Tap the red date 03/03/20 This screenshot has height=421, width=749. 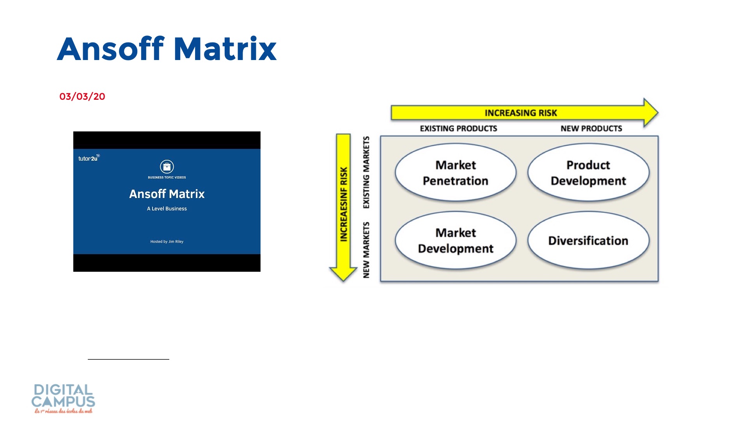(x=82, y=97)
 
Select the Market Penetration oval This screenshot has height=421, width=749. (x=455, y=173)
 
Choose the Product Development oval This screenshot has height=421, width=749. (x=588, y=173)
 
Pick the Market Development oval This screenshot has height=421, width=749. (x=455, y=241)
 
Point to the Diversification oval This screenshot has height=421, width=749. (x=588, y=241)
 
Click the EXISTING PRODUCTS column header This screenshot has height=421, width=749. (x=458, y=129)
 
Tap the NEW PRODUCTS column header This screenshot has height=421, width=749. (x=591, y=129)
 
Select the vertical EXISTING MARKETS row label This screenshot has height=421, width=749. (x=366, y=172)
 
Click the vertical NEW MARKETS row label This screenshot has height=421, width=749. (x=366, y=250)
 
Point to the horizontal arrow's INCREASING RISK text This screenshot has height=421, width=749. (x=521, y=113)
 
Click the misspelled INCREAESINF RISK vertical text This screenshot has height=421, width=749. (x=344, y=204)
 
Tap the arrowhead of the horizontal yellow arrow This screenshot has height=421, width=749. (x=650, y=113)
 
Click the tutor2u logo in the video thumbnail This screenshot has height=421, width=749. (x=89, y=158)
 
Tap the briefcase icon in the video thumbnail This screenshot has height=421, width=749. (x=167, y=166)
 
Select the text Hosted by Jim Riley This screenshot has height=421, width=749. (x=167, y=242)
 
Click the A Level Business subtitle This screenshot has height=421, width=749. (x=167, y=209)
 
